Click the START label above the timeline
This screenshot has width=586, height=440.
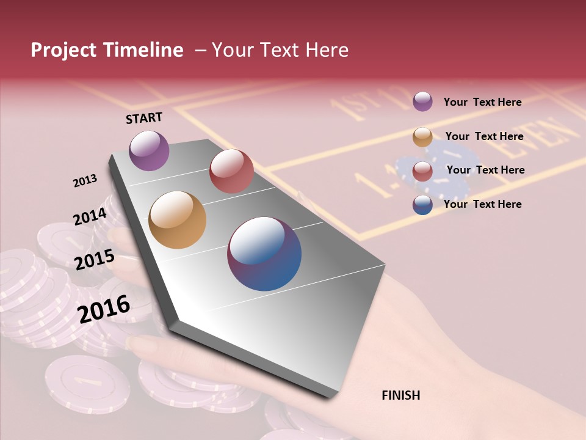pyautogui.click(x=144, y=118)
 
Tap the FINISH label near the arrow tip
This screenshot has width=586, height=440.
pyautogui.click(x=400, y=395)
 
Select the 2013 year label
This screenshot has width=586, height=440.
pyautogui.click(x=85, y=181)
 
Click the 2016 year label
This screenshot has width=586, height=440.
pyautogui.click(x=104, y=309)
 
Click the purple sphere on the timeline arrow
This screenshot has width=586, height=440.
pyautogui.click(x=149, y=150)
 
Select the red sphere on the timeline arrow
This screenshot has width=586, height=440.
pyautogui.click(x=231, y=171)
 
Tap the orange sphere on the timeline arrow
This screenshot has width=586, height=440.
pyautogui.click(x=177, y=220)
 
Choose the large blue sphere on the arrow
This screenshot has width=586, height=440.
pyautogui.click(x=264, y=254)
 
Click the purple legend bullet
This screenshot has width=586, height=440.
pyautogui.click(x=422, y=101)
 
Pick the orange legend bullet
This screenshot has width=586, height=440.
pyautogui.click(x=422, y=137)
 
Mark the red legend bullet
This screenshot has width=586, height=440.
pyautogui.click(x=422, y=171)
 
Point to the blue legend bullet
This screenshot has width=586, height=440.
pyautogui.click(x=422, y=205)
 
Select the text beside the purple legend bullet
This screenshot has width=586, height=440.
pyautogui.click(x=482, y=102)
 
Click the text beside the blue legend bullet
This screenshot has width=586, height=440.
pyautogui.click(x=482, y=204)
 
